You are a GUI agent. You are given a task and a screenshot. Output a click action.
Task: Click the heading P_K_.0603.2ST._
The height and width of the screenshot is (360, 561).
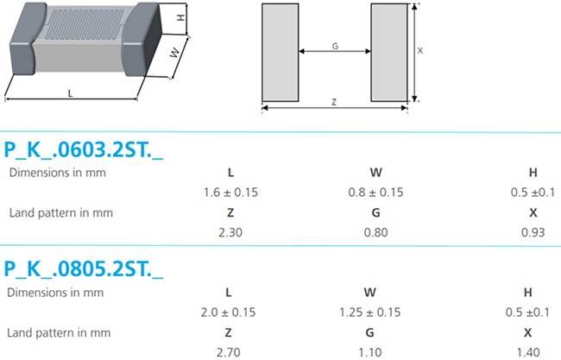[84, 148]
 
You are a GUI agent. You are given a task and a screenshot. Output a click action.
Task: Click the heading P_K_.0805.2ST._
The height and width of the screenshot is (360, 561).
[84, 269]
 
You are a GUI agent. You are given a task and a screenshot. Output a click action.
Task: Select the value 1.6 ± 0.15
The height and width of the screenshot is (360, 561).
[230, 192]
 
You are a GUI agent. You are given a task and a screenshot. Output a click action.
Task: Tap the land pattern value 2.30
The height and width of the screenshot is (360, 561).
[230, 231]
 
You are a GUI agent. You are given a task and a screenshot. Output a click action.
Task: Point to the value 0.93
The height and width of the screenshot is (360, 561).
[532, 231]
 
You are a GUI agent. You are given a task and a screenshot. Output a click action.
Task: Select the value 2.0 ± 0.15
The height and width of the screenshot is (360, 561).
[230, 312]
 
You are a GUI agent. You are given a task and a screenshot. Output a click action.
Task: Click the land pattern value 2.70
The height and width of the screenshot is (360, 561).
[230, 351]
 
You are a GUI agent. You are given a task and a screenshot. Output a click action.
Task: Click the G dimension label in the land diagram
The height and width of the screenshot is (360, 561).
[334, 46]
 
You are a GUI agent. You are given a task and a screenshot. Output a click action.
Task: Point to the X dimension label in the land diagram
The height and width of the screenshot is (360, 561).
[420, 51]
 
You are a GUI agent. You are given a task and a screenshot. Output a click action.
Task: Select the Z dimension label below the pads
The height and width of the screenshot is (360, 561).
[334, 102]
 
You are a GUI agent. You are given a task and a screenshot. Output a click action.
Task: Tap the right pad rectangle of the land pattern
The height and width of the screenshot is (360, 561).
[388, 51]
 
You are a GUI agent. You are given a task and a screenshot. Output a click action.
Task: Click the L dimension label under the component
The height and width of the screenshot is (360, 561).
[70, 92]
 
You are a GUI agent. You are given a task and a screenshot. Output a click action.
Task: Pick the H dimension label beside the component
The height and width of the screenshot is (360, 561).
[180, 18]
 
